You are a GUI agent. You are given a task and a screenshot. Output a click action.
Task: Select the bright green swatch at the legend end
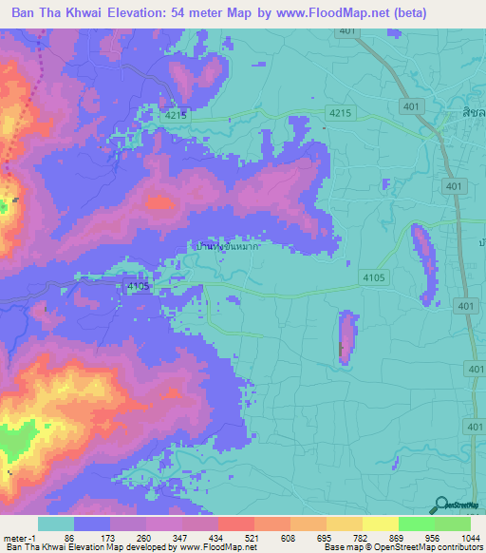coord(453,524)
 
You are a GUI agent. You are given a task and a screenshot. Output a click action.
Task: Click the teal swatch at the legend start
coord(56,524)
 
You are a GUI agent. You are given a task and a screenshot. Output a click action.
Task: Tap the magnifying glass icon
coord(440,506)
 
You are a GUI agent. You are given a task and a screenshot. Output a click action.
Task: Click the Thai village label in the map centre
coord(227,245)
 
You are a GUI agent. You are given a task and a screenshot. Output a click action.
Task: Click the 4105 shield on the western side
coord(137,285)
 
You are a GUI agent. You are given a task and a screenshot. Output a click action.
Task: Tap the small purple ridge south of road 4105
coord(347,337)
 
